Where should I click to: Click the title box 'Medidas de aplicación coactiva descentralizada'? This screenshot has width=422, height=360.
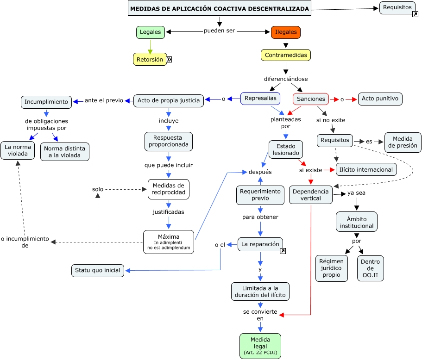coord(219,8)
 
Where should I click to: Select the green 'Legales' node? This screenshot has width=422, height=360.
coord(151,32)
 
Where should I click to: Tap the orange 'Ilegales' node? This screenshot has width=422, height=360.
coord(286,32)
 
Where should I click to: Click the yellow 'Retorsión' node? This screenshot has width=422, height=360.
coord(150,59)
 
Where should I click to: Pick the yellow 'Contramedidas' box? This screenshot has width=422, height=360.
coord(286,55)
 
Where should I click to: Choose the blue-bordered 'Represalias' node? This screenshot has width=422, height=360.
coord(260,98)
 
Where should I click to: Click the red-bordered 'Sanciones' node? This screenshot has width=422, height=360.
coord(310,99)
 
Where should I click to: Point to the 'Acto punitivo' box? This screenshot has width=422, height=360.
coord(380,99)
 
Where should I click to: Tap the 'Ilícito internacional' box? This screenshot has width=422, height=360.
coord(366,169)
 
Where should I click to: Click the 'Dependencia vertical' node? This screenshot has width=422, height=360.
coord(310,195)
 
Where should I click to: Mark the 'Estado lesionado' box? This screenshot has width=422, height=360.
coord(285,149)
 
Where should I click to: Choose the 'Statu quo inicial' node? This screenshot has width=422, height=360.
coord(98,270)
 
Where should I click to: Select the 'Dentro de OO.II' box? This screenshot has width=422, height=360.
coord(370,268)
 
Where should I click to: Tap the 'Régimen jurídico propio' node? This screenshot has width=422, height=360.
coord(332,268)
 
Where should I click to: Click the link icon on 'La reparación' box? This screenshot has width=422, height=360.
coord(283,251)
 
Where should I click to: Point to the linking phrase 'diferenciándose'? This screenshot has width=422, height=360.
coord(286,79)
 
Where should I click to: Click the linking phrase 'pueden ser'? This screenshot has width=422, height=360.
coord(219,31)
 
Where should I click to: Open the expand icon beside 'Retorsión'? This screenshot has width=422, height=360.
coord(169,59)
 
